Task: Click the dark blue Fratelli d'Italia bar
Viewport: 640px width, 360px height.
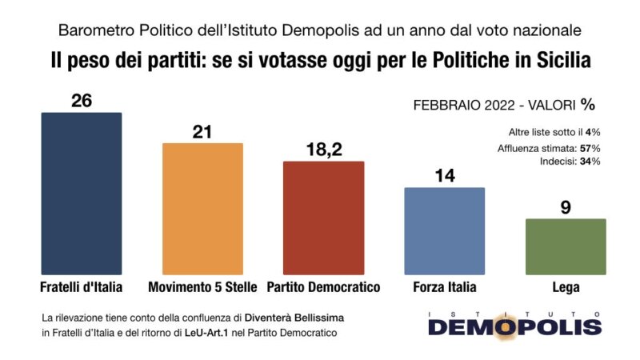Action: [81, 194]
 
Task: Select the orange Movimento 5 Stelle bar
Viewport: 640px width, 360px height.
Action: [202, 209]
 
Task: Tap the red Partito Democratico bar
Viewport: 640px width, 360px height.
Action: [324, 218]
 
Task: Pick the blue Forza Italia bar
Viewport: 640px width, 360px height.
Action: [445, 231]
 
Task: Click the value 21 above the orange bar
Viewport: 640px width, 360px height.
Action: [202, 130]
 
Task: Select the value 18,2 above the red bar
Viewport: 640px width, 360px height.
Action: [324, 149]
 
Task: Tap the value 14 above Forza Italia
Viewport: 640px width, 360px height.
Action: [445, 174]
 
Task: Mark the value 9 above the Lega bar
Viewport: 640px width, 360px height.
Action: [566, 206]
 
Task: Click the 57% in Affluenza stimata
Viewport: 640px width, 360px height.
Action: [590, 147]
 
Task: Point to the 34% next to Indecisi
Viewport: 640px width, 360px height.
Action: [590, 162]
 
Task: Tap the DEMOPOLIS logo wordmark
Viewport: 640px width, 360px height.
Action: [514, 326]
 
